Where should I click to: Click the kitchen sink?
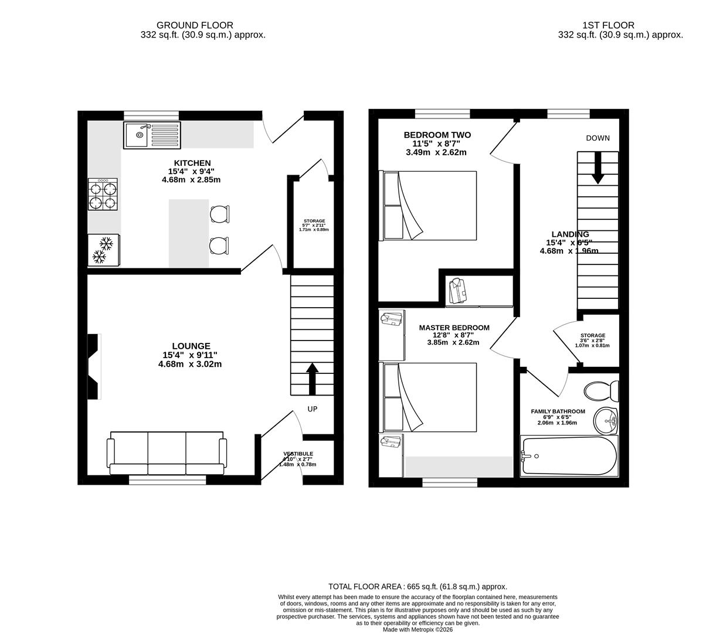pyautogui.click(x=152, y=135)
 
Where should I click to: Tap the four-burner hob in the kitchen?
pyautogui.click(x=103, y=195)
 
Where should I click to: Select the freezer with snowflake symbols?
pyautogui.click(x=103, y=250)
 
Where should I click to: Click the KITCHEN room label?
pyautogui.click(x=192, y=163)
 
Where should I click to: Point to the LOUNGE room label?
pyautogui.click(x=191, y=346)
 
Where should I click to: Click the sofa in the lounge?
pyautogui.click(x=167, y=453)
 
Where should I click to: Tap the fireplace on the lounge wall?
pyautogui.click(x=94, y=367)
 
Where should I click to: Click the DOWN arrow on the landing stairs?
pyautogui.click(x=598, y=168)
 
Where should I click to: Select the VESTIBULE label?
pyautogui.click(x=298, y=454)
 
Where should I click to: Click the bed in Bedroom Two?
pyautogui.click(x=429, y=205)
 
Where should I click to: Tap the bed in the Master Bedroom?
pyautogui.click(x=429, y=397)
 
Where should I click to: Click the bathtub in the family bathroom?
pyautogui.click(x=568, y=456)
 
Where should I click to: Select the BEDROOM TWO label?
pyautogui.click(x=437, y=135)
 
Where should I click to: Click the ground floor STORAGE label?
pyautogui.click(x=314, y=221)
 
